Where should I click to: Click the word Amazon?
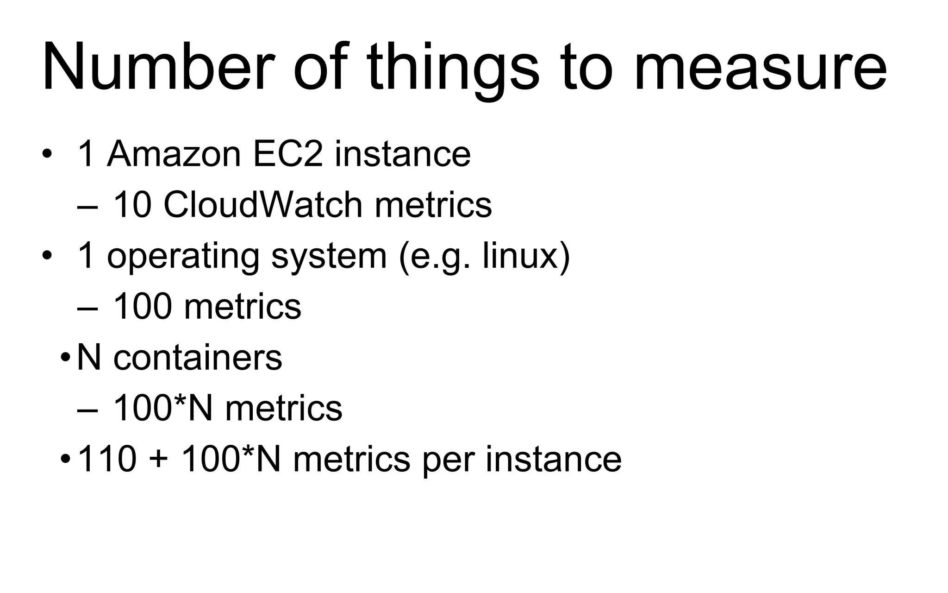pos(174,154)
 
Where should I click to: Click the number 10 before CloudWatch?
pos(132,205)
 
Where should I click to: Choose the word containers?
pos(198,358)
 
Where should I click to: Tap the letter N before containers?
pos(89,358)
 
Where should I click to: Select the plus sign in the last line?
pos(159,460)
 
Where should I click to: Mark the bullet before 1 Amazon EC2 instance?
pos(46,154)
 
